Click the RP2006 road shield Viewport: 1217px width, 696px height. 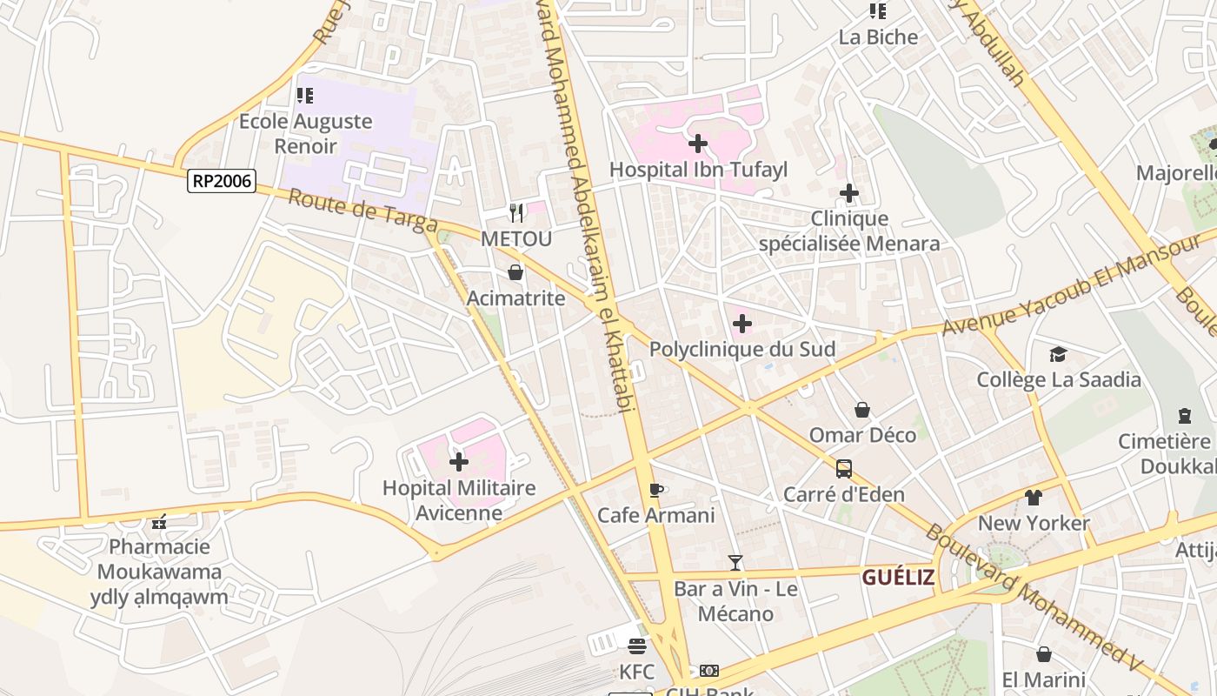pos(222,181)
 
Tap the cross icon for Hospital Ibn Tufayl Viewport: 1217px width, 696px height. pos(697,144)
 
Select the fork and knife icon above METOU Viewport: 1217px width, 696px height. pos(516,212)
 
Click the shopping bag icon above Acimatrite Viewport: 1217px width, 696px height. pos(515,272)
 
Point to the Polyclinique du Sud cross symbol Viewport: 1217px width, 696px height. pos(742,324)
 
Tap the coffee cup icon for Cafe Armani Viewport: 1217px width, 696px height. pos(656,490)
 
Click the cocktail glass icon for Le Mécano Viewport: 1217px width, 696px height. pos(735,563)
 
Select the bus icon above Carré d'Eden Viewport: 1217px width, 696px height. pos(843,469)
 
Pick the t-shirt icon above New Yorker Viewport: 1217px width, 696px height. pos(1033,498)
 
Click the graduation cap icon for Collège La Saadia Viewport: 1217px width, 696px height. pos(1058,354)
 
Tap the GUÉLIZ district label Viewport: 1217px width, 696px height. pos(898,577)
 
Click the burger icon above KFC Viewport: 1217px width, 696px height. pos(637,646)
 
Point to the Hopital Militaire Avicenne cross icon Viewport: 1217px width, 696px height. pos(458,462)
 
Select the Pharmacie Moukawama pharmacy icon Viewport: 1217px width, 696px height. pos(158,522)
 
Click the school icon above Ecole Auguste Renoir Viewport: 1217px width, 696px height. pos(305,96)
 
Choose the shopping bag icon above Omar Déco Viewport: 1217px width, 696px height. pos(862,409)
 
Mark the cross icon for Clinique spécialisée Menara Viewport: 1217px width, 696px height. pos(849,193)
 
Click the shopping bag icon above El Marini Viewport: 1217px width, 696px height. pos(1043,654)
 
